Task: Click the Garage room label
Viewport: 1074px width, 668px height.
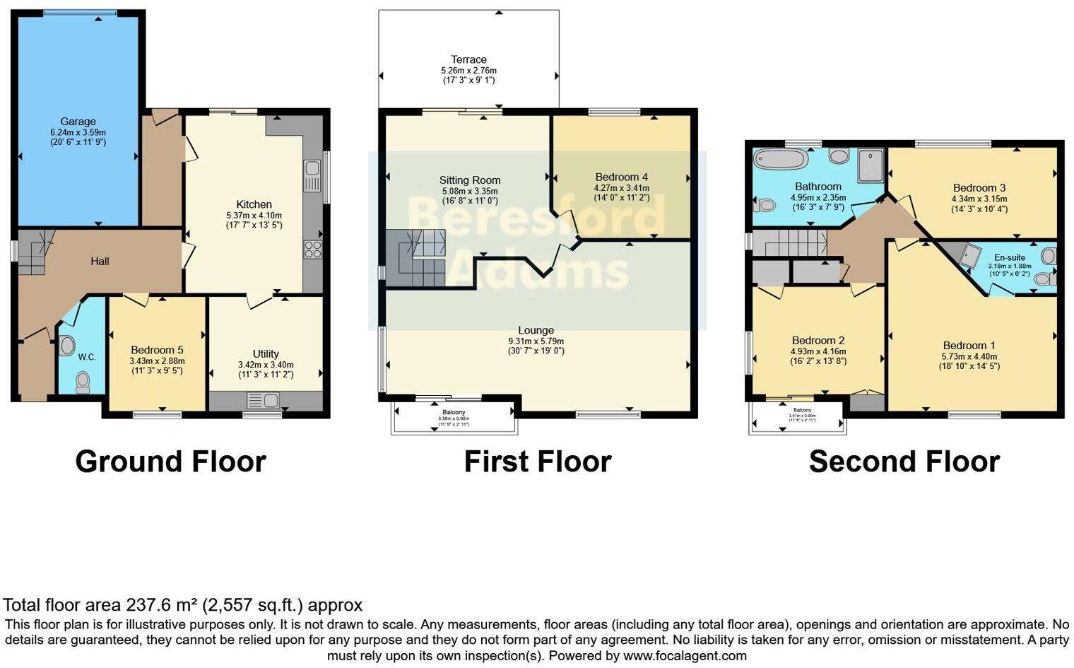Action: (x=78, y=122)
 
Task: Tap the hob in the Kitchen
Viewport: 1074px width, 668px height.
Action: (x=312, y=250)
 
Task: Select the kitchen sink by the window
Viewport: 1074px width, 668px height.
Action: (x=312, y=175)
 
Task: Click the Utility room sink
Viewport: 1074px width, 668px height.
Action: (x=262, y=401)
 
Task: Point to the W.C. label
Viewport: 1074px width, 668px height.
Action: (x=87, y=357)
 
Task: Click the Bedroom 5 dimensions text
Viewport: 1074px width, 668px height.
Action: (x=156, y=365)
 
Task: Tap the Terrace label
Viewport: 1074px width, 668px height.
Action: (x=468, y=59)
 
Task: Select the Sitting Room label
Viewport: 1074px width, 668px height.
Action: (x=469, y=180)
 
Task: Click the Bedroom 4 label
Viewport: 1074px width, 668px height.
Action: (x=621, y=177)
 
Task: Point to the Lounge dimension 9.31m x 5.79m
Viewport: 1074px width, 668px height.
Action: (x=536, y=341)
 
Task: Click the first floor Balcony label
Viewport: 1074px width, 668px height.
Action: (x=454, y=412)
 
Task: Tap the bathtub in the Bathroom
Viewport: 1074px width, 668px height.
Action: (x=780, y=158)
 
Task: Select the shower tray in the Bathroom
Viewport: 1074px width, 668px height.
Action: (x=871, y=165)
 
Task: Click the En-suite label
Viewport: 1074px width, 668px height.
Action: (x=1009, y=257)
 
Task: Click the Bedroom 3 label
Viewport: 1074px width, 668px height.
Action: (x=979, y=187)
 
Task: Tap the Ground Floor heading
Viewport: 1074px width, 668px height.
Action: (x=170, y=462)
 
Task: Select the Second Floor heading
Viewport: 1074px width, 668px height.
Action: (x=904, y=462)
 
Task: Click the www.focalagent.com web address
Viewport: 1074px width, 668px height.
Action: (x=685, y=655)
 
